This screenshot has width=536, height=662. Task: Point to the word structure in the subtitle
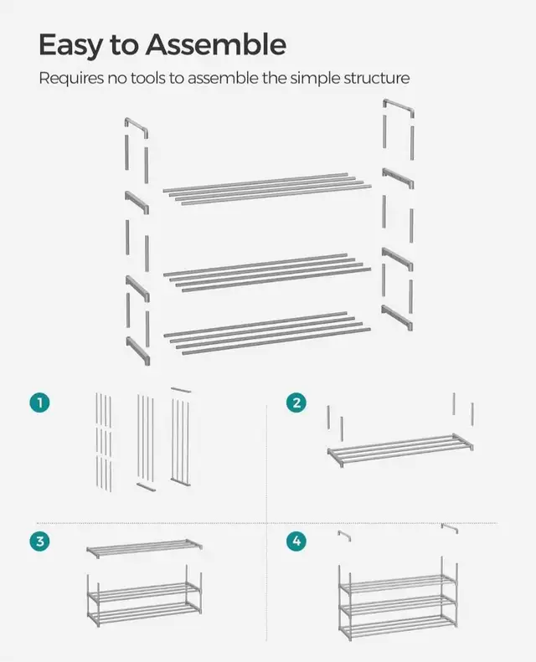[x=376, y=79]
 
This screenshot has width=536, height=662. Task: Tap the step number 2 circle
[x=295, y=403]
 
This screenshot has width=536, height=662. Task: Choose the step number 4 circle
[x=295, y=541]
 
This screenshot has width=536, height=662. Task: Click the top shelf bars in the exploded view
[x=267, y=186]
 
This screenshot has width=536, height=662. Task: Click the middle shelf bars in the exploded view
[x=267, y=270]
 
